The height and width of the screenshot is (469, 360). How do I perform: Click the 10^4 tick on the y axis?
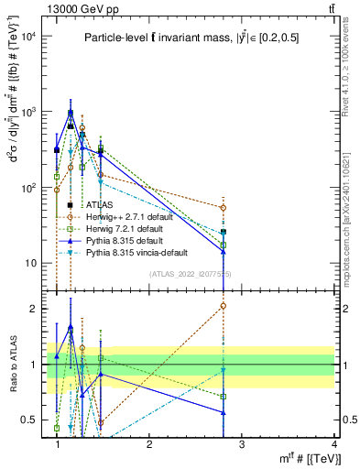(x=30, y=36)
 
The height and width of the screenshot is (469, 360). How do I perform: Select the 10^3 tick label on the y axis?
(x=30, y=112)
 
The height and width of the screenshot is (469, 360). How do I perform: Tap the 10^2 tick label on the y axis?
(x=30, y=188)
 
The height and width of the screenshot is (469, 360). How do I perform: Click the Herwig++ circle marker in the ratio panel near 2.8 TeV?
(x=223, y=306)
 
